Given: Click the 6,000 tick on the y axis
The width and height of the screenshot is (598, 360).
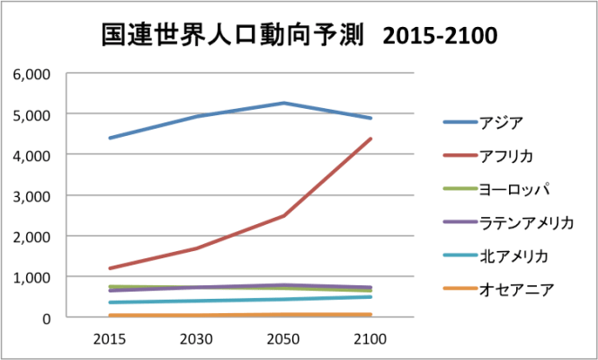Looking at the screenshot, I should click(32, 74).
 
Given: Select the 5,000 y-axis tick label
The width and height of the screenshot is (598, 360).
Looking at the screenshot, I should click(32, 114).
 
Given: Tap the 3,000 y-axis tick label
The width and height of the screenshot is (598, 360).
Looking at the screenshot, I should click(32, 196).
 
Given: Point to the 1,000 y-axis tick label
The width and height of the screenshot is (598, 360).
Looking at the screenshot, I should click(32, 277).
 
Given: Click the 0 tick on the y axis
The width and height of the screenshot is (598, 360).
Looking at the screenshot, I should click(46, 318).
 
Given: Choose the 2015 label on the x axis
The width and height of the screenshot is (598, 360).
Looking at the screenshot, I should click(109, 337).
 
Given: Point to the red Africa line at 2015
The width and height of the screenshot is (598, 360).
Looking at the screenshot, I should click(109, 268).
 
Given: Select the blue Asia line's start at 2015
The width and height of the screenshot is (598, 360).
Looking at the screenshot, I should click(109, 138).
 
